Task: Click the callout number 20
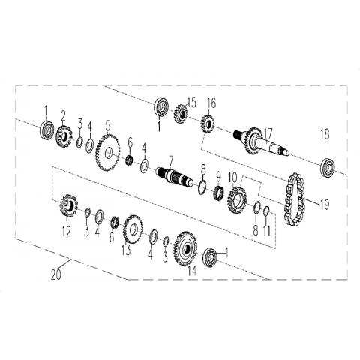[56, 275]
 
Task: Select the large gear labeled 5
[107, 153]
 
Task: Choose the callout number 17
[269, 133]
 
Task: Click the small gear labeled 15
[181, 114]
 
